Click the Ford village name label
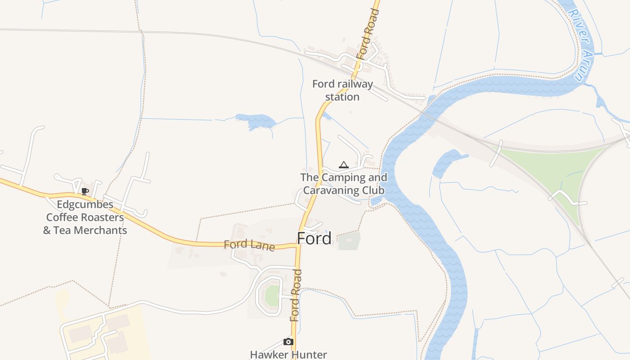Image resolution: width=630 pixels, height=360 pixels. pyautogui.click(x=314, y=238)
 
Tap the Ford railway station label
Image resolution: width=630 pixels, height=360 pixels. pyautogui.click(x=342, y=90)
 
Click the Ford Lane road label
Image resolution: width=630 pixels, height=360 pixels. pyautogui.click(x=249, y=245)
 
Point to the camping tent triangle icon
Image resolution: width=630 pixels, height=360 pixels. pyautogui.click(x=344, y=165)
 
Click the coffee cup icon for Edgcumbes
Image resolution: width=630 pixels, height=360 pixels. pyautogui.click(x=85, y=191)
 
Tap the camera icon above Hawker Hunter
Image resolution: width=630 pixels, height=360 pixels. pyautogui.click(x=288, y=342)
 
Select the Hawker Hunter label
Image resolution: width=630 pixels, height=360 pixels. pyautogui.click(x=288, y=355)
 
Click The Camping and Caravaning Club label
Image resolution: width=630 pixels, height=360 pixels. pyautogui.click(x=344, y=184)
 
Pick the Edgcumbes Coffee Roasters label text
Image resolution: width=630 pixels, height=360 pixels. pyautogui.click(x=85, y=217)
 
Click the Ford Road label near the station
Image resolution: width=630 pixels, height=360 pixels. pyautogui.click(x=368, y=34)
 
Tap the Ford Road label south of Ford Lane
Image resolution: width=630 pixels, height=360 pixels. pyautogui.click(x=295, y=295)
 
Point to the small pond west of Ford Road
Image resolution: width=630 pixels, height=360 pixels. pyautogui.click(x=256, y=121)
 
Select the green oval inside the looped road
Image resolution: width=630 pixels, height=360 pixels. pyautogui.click(x=272, y=296)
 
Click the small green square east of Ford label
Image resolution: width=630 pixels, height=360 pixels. pyautogui.click(x=349, y=241)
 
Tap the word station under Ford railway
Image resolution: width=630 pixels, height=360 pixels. pyautogui.click(x=342, y=97)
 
